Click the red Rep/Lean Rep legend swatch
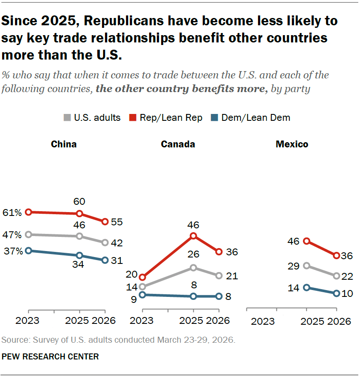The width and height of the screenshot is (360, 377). (132, 118)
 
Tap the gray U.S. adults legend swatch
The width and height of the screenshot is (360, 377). (67, 118)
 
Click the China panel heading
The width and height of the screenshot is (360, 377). (64, 144)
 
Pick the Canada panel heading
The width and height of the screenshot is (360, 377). (178, 144)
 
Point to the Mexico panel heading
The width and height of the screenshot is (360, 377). (292, 144)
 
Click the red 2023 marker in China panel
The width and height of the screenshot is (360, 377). (28, 212)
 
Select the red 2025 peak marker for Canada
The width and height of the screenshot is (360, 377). (193, 236)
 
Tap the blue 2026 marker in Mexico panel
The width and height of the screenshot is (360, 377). (336, 293)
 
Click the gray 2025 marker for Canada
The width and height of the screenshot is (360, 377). (193, 268)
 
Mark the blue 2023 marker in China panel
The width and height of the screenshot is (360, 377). (28, 251)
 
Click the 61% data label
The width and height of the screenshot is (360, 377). (12, 212)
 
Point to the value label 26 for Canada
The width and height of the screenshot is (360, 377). (193, 254)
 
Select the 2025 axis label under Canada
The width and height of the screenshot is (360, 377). (192, 320)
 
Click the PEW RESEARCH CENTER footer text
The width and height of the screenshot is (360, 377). (50, 356)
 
